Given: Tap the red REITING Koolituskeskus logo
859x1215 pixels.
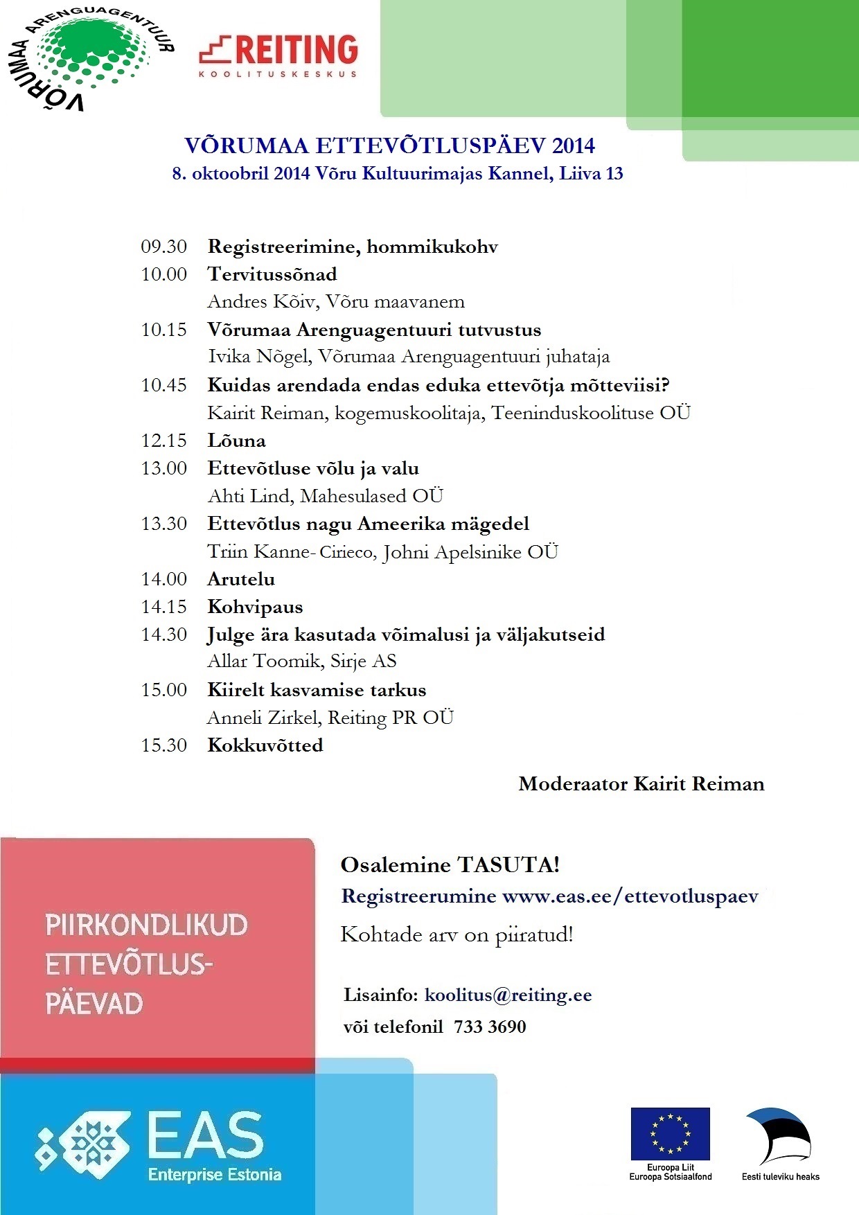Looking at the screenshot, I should point(278,55).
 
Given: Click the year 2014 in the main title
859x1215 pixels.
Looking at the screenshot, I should point(573,145).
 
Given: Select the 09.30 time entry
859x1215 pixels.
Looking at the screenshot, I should point(164,247).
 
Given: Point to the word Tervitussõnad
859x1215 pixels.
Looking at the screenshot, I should point(272,274).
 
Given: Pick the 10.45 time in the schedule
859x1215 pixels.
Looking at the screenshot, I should point(164,385).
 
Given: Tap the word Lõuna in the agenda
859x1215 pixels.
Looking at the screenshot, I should point(236,441).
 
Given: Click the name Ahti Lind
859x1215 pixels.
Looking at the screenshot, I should point(249,496).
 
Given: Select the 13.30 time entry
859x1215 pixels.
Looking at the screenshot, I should point(164,524).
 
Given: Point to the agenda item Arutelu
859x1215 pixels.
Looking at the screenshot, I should point(241,579).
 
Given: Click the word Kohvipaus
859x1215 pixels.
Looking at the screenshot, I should point(255,607).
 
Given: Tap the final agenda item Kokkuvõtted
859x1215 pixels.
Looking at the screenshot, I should point(265,745).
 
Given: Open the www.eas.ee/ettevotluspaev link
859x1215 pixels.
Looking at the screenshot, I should point(630,896).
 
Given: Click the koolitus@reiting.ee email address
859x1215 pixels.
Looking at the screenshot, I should point(508,995).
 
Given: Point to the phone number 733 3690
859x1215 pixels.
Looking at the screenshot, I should point(490,1027).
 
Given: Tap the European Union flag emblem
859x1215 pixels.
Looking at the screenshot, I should point(670,1133).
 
